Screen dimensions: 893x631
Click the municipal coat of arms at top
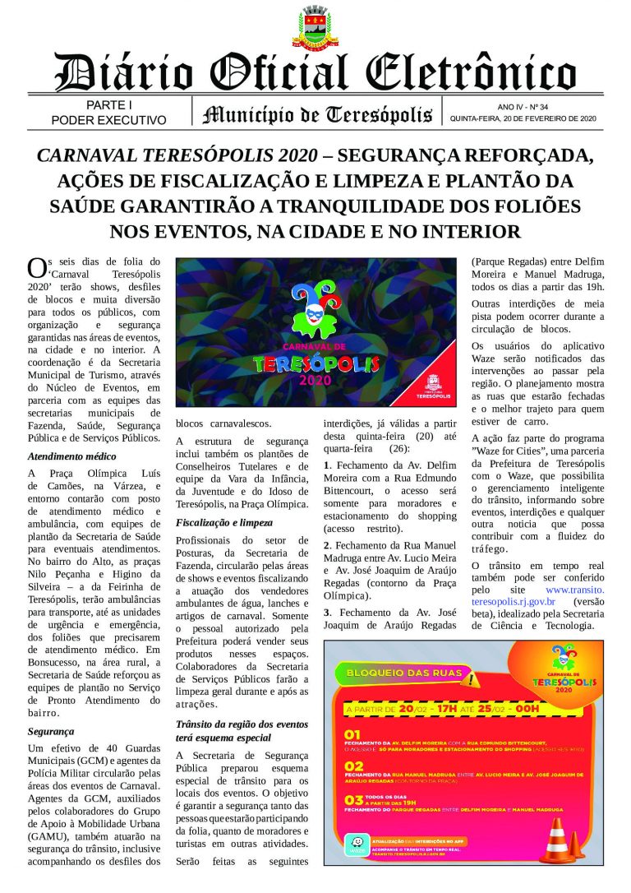click(315, 28)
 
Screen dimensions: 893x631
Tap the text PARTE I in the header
click(108, 105)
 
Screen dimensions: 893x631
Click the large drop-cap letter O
click(36, 268)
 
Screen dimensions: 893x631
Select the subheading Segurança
click(51, 730)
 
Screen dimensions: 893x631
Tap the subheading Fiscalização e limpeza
click(224, 522)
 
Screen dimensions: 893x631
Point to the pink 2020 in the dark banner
click(316, 381)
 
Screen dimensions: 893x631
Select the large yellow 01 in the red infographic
click(352, 734)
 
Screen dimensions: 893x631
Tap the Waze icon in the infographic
click(355, 847)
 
